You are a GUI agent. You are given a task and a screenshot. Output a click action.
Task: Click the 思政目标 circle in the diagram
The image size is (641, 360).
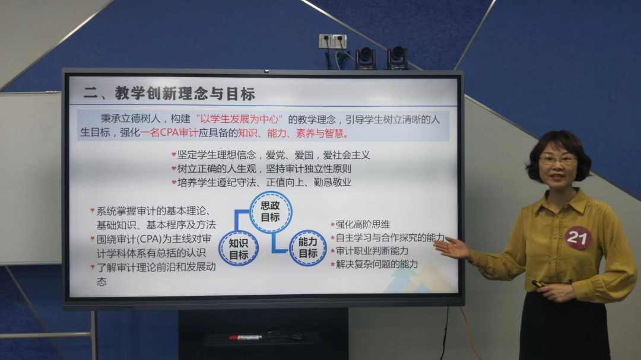pyautogui.click(x=271, y=212)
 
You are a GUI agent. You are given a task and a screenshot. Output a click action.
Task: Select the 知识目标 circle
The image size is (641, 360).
pyautogui.click(x=239, y=249)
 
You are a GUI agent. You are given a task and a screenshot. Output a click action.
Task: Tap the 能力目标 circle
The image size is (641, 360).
pyautogui.click(x=308, y=248)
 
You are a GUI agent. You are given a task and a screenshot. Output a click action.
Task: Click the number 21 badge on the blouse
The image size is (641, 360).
pyautogui.click(x=577, y=238)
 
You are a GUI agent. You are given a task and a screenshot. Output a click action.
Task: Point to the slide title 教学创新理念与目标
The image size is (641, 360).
pyautogui.click(x=185, y=94)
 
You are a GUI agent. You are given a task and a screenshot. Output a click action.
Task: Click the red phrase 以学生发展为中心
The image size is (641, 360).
pyautogui.click(x=240, y=119)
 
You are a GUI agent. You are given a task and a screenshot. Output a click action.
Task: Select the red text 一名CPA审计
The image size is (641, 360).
pyautogui.click(x=169, y=133)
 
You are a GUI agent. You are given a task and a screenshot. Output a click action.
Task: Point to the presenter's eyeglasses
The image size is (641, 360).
pyautogui.click(x=557, y=160)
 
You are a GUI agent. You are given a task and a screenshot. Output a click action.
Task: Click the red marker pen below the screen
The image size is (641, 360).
pyautogui.click(x=245, y=337)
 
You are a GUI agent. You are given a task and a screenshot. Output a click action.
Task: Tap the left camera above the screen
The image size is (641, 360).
pyautogui.click(x=366, y=58)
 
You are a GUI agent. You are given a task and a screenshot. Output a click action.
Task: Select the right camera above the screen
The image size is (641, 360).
pyautogui.click(x=396, y=58)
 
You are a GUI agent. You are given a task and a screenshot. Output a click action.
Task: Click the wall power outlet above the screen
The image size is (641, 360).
pyautogui.click(x=333, y=42)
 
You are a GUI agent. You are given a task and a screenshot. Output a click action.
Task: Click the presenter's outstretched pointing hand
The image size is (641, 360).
pyautogui.click(x=452, y=247)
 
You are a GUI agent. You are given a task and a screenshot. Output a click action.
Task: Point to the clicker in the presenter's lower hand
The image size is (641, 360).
pyautogui.click(x=538, y=283)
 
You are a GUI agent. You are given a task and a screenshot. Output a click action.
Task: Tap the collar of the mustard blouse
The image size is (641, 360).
pyautogui.click(x=562, y=200)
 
